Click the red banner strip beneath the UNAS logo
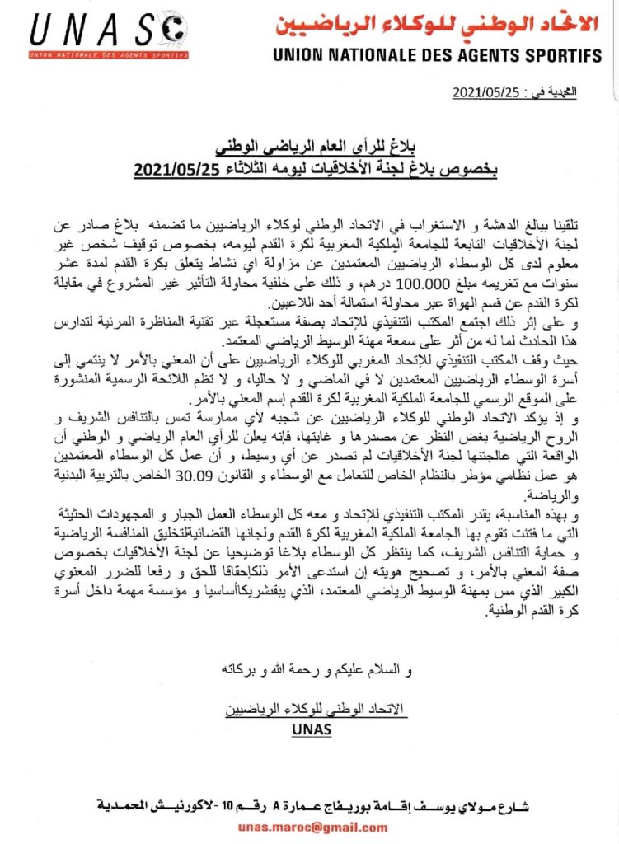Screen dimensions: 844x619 point(107,55)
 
